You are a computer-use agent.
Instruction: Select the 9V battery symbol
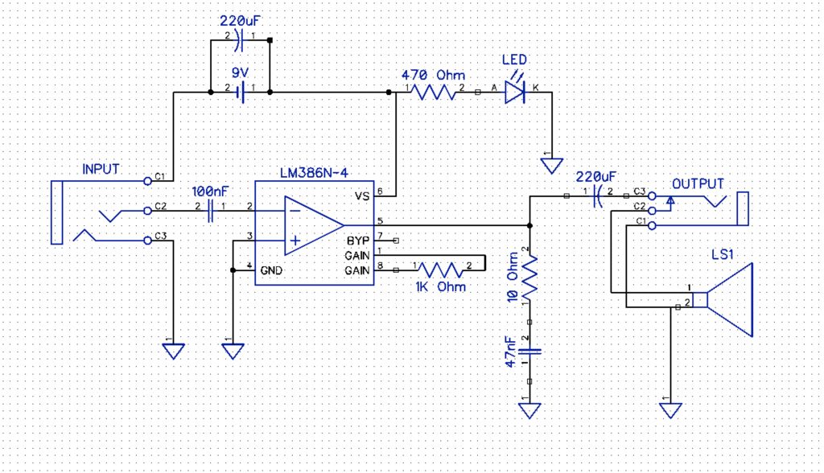(240, 93)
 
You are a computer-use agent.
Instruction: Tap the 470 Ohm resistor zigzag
(435, 93)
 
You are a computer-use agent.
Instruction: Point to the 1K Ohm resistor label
(439, 286)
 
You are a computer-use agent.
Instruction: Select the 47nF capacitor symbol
(529, 351)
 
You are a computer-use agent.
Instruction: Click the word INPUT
(101, 170)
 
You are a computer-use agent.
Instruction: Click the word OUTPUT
(698, 184)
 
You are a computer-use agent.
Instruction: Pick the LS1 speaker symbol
(728, 299)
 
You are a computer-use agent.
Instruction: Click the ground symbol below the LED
(552, 166)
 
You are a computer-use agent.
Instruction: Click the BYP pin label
(357, 240)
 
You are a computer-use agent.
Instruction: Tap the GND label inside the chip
(270, 271)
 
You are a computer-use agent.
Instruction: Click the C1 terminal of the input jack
(147, 180)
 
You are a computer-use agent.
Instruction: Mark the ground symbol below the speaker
(669, 410)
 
